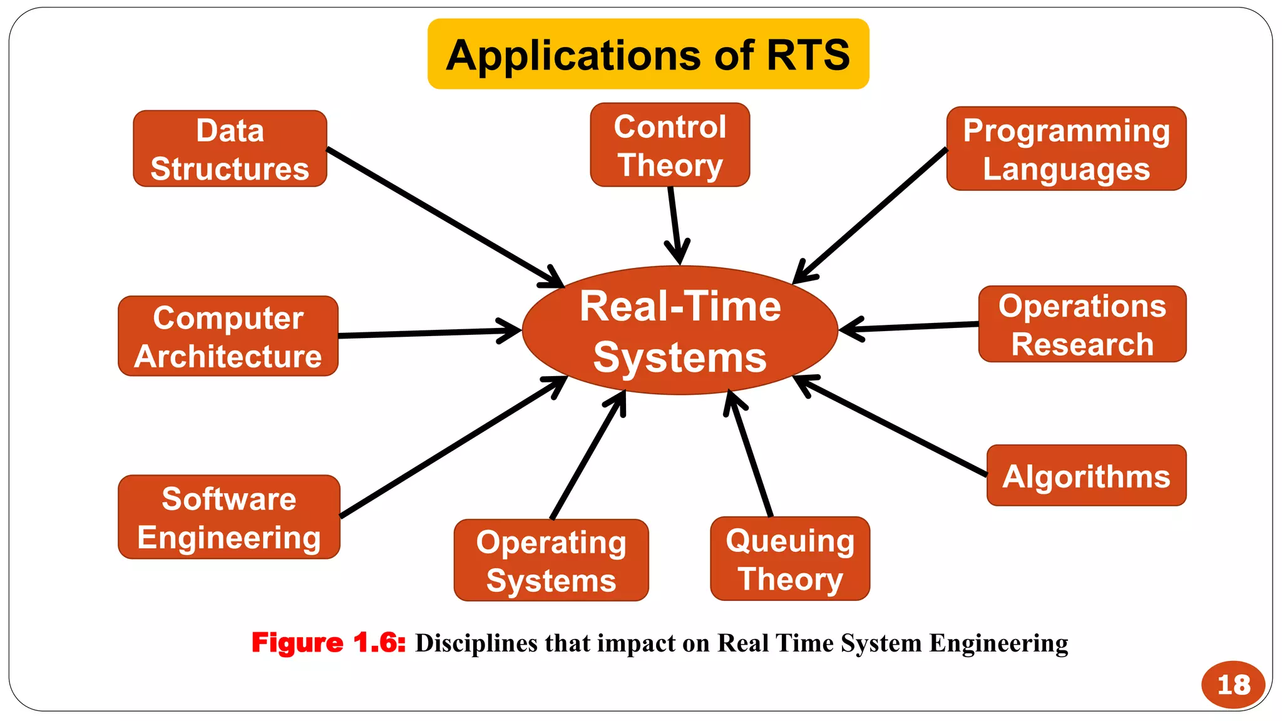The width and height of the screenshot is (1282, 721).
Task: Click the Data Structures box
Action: [230, 149]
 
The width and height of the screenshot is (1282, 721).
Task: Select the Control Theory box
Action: [670, 145]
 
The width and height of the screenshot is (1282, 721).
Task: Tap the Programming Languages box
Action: [1066, 149]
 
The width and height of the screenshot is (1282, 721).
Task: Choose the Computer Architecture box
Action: [228, 336]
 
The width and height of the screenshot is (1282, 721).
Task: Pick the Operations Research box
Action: [1082, 324]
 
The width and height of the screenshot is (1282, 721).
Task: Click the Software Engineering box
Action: [229, 517]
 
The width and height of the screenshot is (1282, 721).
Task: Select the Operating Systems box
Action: [551, 560]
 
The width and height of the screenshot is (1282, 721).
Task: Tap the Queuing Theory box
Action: [790, 559]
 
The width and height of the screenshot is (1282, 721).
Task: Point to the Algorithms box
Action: [1086, 476]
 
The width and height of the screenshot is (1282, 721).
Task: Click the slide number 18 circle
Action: [1233, 684]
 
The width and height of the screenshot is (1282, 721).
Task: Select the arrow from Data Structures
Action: [438, 215]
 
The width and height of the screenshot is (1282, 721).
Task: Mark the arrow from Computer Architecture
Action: [426, 333]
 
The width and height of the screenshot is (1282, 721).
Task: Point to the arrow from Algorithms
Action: [895, 427]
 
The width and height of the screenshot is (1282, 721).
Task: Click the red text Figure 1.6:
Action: [329, 643]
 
